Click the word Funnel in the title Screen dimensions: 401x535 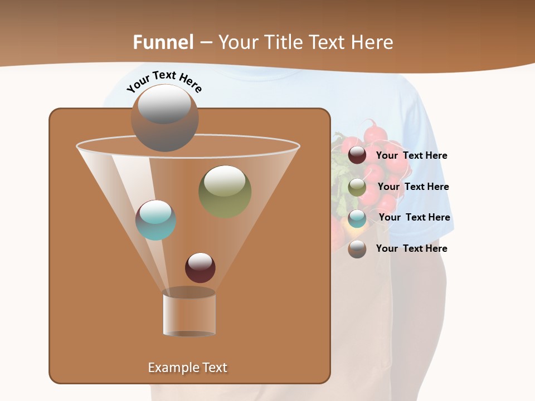click(x=163, y=42)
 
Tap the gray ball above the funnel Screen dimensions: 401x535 click(x=164, y=118)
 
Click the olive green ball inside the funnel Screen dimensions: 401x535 click(x=225, y=191)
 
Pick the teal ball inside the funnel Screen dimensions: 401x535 click(x=156, y=220)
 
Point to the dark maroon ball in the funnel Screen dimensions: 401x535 click(x=200, y=267)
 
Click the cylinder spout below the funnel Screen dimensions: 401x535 click(x=189, y=312)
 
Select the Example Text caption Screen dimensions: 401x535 click(x=188, y=368)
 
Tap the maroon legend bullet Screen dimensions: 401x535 click(x=357, y=155)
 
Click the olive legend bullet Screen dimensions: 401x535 click(x=357, y=187)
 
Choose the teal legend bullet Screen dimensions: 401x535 click(x=357, y=218)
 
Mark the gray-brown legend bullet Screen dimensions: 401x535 click(x=357, y=249)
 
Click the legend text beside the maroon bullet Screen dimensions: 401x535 click(x=411, y=156)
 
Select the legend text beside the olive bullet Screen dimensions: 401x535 click(x=413, y=187)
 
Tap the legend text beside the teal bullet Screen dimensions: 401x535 click(x=414, y=218)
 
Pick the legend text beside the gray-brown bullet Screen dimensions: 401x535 click(x=411, y=248)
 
